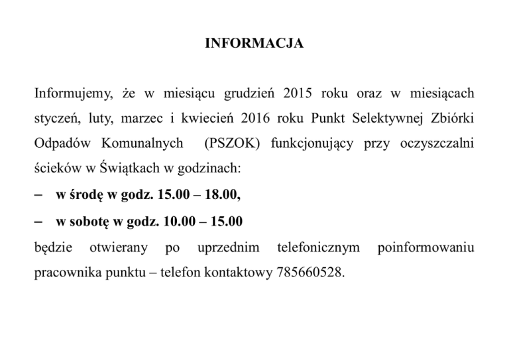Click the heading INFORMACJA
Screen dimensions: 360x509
(254, 44)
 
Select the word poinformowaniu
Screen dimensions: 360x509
(425, 248)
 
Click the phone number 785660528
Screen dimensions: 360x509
(307, 272)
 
